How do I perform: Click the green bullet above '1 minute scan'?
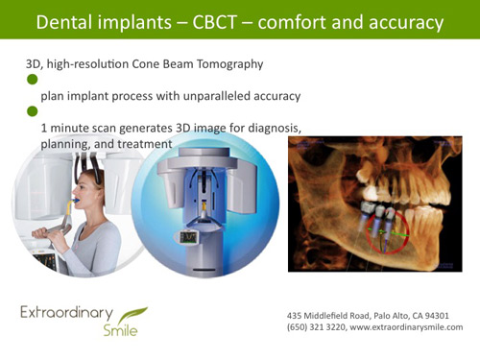point(32,111)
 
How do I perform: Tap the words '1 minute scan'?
point(77,128)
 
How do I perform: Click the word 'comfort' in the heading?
point(313,20)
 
